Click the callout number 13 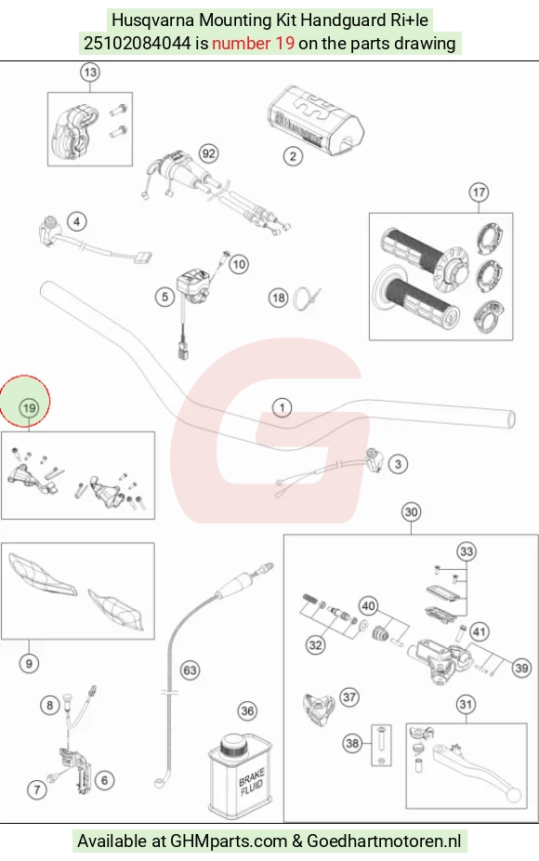point(90,72)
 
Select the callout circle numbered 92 point(208,153)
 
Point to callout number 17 point(479,192)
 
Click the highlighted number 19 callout point(29,407)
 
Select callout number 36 point(247,711)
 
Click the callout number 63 point(190,669)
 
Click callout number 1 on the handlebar point(283,407)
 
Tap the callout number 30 point(411,512)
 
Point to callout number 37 point(349,697)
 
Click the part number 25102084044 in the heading point(137,43)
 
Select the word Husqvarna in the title point(153,20)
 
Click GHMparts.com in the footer point(229,841)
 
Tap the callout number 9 point(29,663)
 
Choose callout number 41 point(480,632)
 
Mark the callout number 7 point(37,789)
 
